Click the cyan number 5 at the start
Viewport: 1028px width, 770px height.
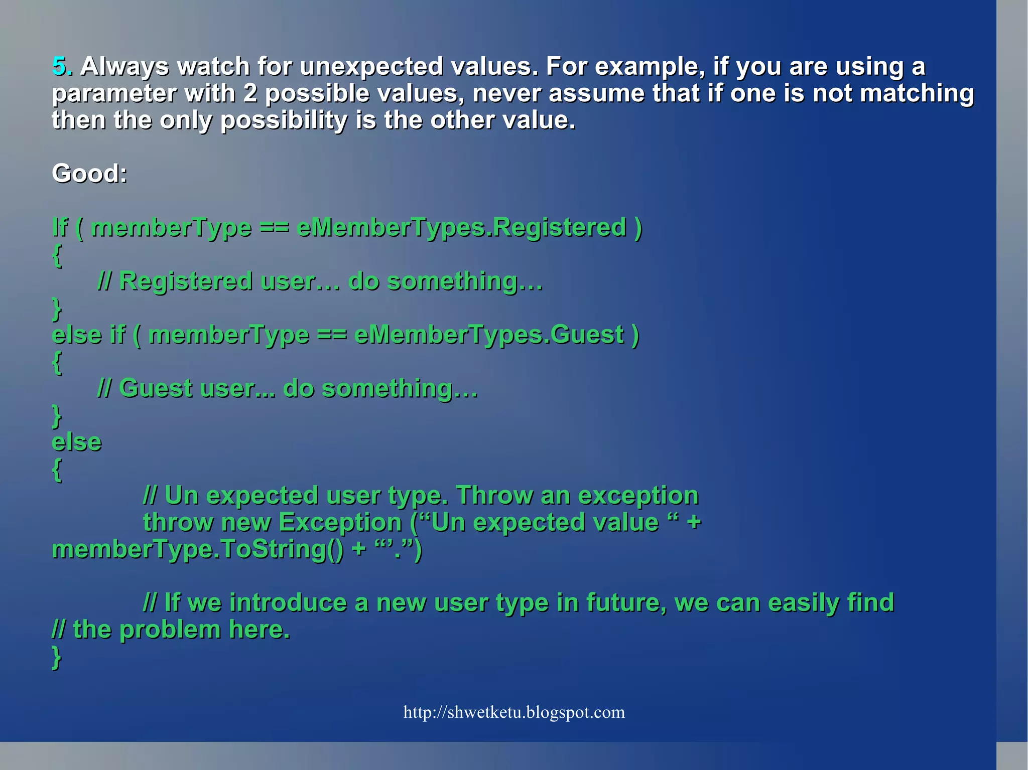click(x=59, y=66)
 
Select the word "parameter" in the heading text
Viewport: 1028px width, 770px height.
click(x=114, y=94)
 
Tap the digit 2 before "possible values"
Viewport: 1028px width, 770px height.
click(x=250, y=94)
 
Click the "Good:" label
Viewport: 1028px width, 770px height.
click(x=90, y=174)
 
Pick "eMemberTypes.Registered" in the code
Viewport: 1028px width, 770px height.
click(x=461, y=227)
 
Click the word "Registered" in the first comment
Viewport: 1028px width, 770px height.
click(x=185, y=281)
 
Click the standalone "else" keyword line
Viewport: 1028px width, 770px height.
click(x=77, y=442)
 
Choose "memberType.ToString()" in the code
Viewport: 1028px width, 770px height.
click(x=198, y=549)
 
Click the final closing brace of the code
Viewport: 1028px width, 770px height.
click(x=57, y=657)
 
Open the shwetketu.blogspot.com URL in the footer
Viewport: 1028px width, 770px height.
click(x=514, y=712)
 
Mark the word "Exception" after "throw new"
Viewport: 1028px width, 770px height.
click(x=340, y=522)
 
